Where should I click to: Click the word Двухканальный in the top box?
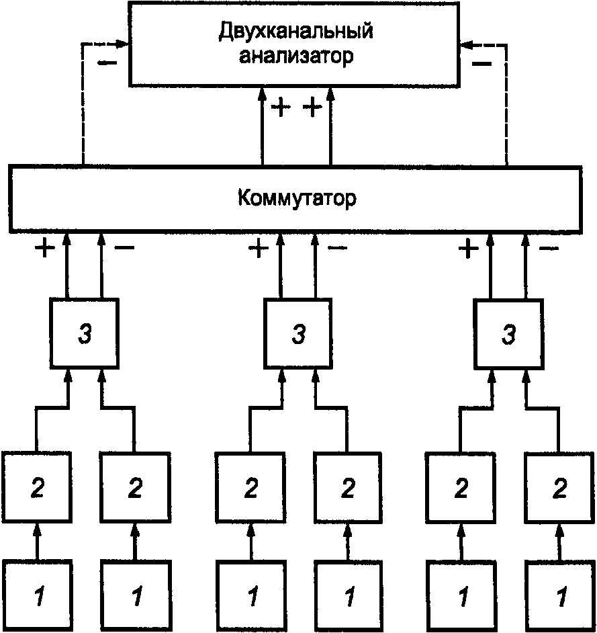[295, 31]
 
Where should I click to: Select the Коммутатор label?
[296, 199]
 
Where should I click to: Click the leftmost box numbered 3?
[85, 334]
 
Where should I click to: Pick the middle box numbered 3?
[296, 334]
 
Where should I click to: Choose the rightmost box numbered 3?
[508, 334]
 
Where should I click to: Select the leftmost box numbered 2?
[38, 489]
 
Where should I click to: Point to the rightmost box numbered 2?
[559, 489]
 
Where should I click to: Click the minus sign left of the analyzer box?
[106, 64]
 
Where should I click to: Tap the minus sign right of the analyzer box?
[481, 64]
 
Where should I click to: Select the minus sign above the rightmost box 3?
[549, 249]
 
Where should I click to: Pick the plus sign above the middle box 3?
[258, 249]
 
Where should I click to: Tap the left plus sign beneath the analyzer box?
[281, 108]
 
